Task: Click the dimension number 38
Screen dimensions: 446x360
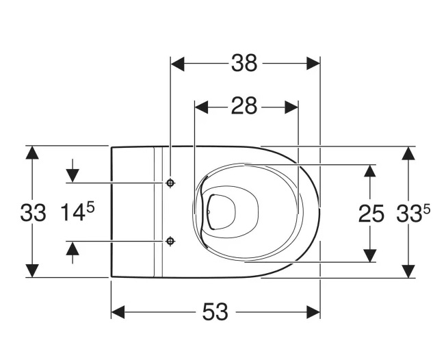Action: click(x=244, y=64)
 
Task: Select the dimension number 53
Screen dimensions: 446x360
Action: click(x=215, y=312)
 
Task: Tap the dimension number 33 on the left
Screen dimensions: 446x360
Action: click(x=32, y=213)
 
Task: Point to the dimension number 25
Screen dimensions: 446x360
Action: click(x=371, y=214)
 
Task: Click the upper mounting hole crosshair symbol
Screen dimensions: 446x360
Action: click(x=170, y=183)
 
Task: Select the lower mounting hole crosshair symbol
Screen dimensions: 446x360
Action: click(x=170, y=240)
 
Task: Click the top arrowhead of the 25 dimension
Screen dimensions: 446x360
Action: click(x=370, y=171)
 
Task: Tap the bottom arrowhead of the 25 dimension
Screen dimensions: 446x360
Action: click(x=370, y=254)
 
